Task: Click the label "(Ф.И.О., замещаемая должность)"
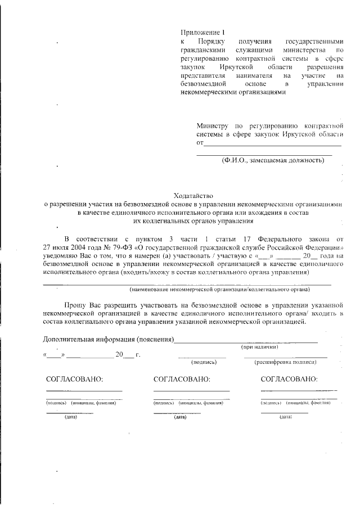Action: point(272,160)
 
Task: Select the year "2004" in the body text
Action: point(74,247)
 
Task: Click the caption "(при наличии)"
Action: point(260,348)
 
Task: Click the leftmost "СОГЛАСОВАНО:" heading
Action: point(74,379)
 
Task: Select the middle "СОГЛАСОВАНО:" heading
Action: point(182,379)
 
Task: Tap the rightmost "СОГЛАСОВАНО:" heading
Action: point(289,379)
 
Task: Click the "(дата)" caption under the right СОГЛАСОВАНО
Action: point(286,417)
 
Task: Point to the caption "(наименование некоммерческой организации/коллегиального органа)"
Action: point(219,290)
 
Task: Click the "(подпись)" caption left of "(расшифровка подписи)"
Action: point(202,363)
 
